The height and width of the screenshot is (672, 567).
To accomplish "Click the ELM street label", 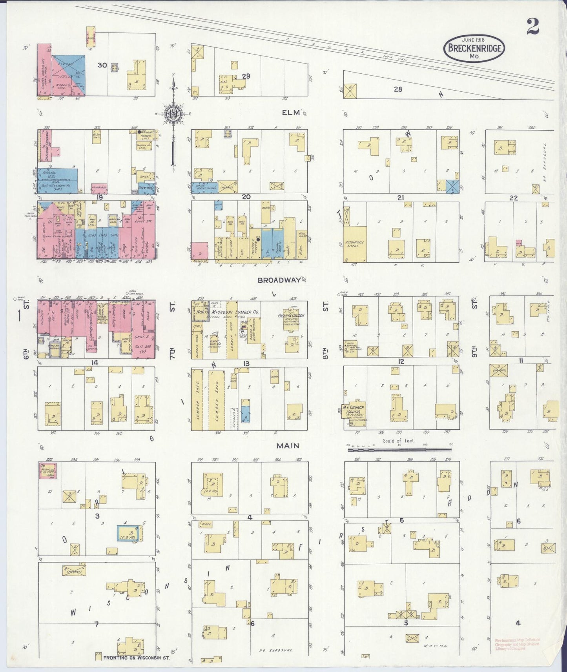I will (291, 113).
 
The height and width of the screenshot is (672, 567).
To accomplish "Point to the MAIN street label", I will (288, 445).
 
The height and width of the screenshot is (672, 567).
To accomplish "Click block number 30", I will (102, 65).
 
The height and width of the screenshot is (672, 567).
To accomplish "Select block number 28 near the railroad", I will (398, 89).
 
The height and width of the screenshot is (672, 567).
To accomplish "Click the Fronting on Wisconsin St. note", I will (136, 658).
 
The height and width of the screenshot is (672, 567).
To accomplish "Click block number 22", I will (513, 198).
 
